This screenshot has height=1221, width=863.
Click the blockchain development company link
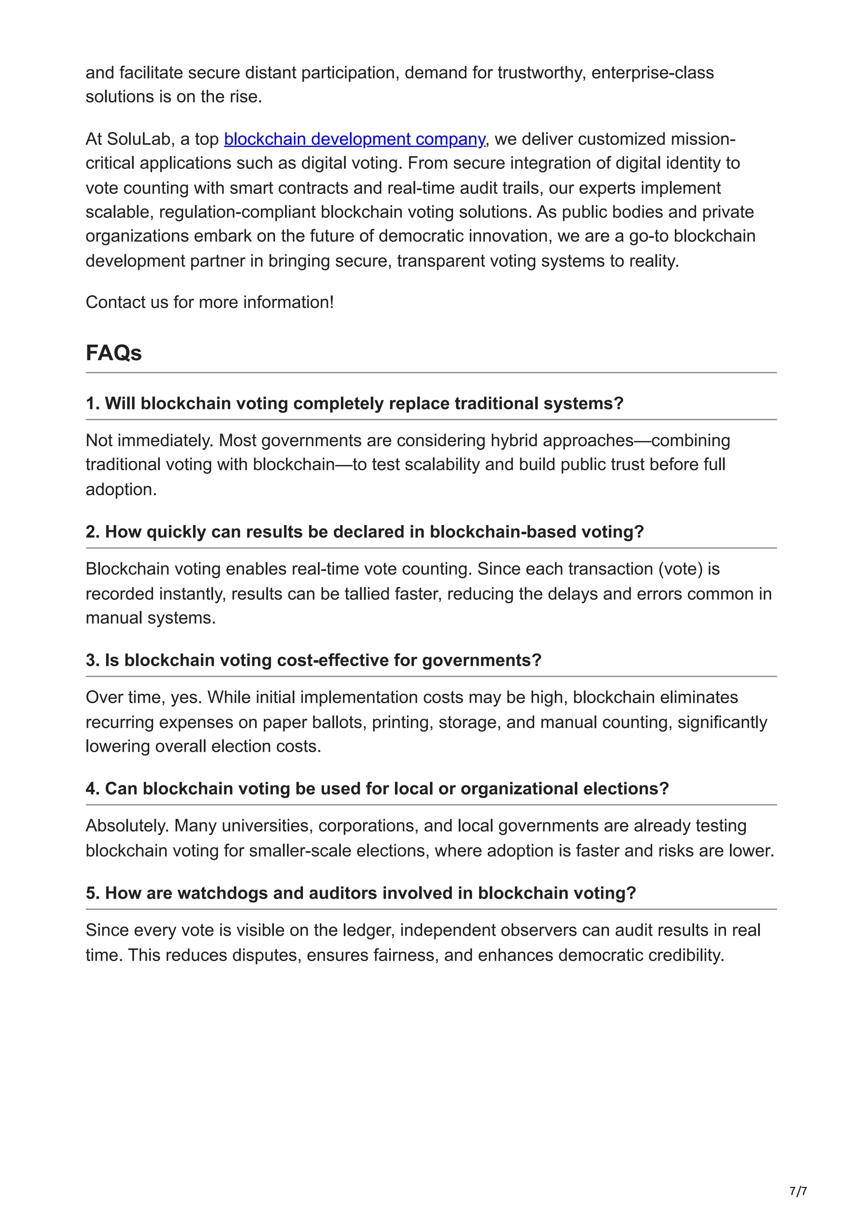pyautogui.click(x=354, y=139)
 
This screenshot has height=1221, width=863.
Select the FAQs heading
pyautogui.click(x=113, y=353)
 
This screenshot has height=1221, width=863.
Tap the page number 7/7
pyautogui.click(x=798, y=1191)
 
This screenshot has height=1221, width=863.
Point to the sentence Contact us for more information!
pyautogui.click(x=209, y=302)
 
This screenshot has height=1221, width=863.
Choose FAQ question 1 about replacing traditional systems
pyautogui.click(x=354, y=404)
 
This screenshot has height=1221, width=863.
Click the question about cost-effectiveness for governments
pyautogui.click(x=313, y=661)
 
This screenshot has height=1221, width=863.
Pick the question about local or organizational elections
pyautogui.click(x=377, y=789)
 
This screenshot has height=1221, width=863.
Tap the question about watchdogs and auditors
pyautogui.click(x=361, y=893)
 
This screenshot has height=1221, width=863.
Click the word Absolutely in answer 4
pyautogui.click(x=127, y=826)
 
